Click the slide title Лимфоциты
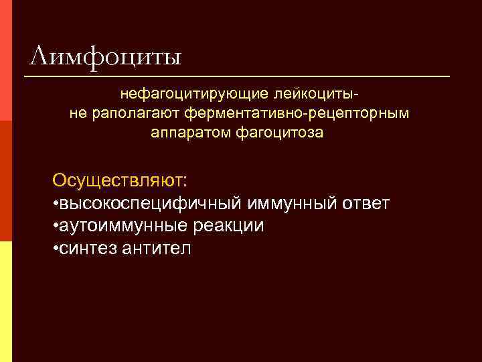tap(106, 55)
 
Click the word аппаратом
tap(191, 133)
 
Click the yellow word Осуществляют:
tap(120, 181)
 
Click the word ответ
tap(364, 203)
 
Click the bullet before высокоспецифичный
tap(55, 204)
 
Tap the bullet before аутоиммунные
tap(55, 227)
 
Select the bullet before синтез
tap(55, 249)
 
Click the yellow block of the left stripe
tap(6, 302)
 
